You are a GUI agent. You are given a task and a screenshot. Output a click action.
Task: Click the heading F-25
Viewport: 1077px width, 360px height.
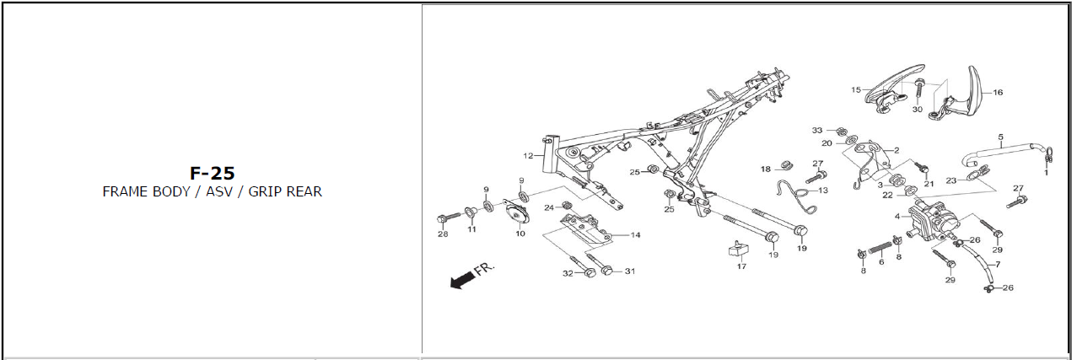[x=212, y=173]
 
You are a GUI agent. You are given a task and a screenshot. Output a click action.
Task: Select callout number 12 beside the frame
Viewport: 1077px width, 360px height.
[x=528, y=156]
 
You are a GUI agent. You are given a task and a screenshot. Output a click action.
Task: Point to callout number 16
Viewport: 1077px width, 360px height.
[x=998, y=93]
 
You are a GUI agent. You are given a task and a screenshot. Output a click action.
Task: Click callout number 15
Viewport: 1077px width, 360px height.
[x=856, y=89]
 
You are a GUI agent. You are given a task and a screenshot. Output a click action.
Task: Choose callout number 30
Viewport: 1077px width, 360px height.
[x=918, y=110]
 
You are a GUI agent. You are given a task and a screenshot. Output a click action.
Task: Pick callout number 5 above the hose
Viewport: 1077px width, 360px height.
[x=1000, y=137]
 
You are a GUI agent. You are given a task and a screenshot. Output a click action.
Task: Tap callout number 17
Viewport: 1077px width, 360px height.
[x=741, y=266]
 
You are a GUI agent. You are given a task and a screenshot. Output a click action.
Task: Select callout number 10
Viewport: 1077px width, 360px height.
[x=520, y=233]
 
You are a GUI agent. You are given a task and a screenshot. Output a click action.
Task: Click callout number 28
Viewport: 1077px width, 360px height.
[x=443, y=234]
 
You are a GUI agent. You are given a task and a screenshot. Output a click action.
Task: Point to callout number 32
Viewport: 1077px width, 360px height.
[x=568, y=272]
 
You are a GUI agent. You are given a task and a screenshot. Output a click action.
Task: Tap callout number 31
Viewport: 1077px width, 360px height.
[x=629, y=271]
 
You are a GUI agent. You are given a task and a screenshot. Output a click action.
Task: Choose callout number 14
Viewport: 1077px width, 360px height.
[x=635, y=235]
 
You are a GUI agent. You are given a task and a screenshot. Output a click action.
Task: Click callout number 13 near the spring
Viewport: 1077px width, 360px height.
[x=823, y=191]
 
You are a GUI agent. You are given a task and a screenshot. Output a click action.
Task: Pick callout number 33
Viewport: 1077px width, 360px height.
[x=816, y=130]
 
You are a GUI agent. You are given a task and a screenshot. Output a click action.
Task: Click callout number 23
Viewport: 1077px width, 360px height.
[x=950, y=180]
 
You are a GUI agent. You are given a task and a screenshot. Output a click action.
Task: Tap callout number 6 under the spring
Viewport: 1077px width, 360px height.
[x=881, y=262]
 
